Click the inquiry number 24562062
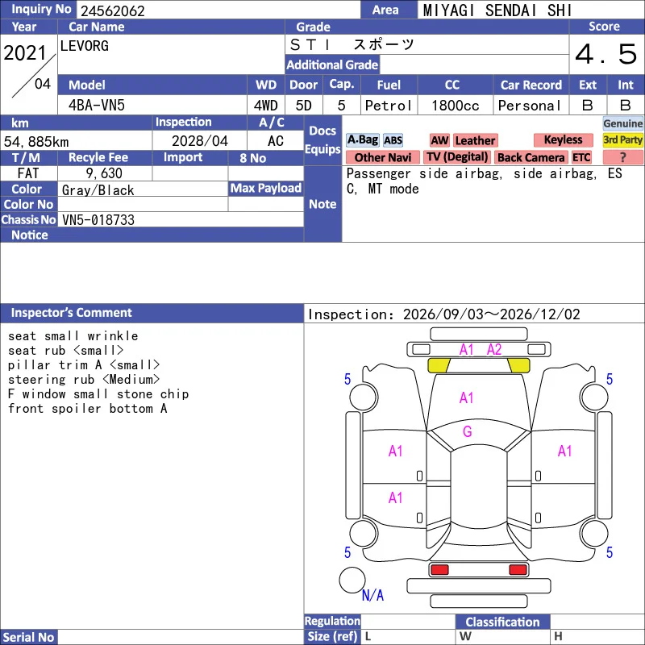[x=112, y=10]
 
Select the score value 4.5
[x=606, y=54]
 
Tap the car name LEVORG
[x=85, y=46]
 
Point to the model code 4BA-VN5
[x=97, y=106]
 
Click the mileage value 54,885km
[x=36, y=142]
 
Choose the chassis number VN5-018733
[x=98, y=219]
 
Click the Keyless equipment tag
[x=563, y=139]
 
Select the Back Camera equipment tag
[x=531, y=157]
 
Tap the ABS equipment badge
[x=393, y=140]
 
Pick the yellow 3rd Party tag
[x=622, y=139]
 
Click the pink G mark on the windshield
[x=467, y=431]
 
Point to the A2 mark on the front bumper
[x=494, y=350]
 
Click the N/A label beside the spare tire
[x=372, y=595]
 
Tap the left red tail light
[x=439, y=570]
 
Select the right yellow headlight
[x=518, y=365]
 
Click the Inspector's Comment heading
[x=71, y=313]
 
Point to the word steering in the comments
[x=36, y=380]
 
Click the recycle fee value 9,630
[x=104, y=173]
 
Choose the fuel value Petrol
[x=388, y=106]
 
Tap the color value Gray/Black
[x=98, y=189]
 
